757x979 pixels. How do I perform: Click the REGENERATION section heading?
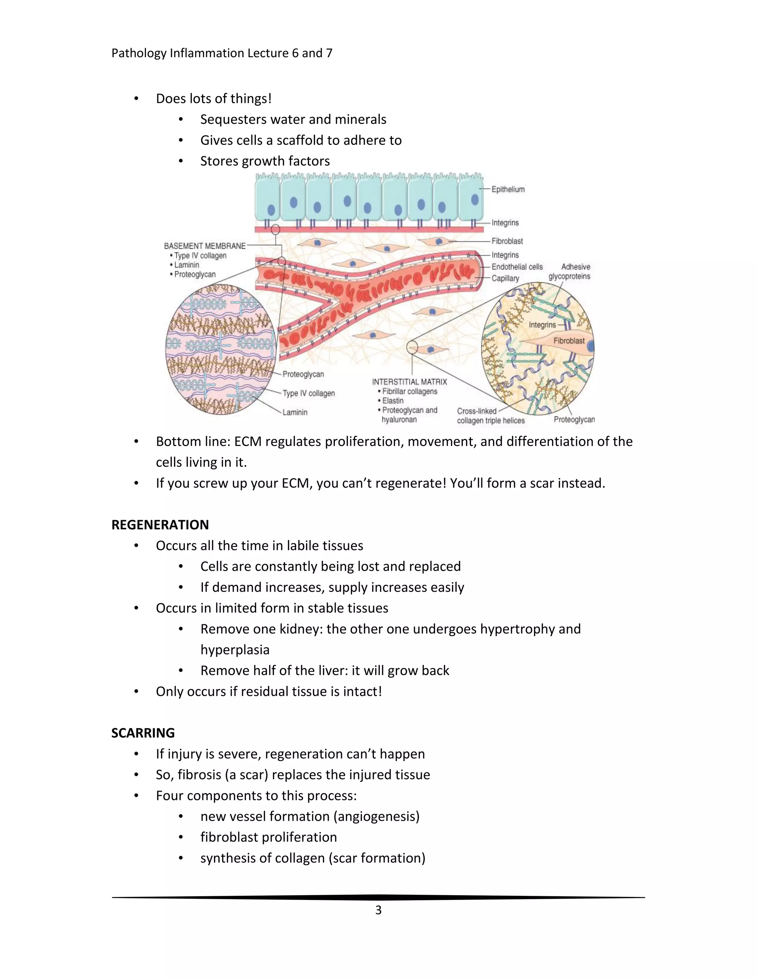(x=160, y=525)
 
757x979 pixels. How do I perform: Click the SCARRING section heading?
(x=143, y=733)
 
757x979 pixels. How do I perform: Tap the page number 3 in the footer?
(x=378, y=910)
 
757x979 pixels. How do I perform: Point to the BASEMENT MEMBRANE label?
(x=204, y=246)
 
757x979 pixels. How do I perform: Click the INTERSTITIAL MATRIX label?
(x=410, y=382)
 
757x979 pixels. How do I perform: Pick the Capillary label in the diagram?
(x=505, y=279)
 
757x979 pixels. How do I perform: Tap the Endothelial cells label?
(x=517, y=267)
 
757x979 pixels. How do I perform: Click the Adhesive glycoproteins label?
(x=570, y=272)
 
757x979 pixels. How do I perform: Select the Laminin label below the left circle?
(x=295, y=412)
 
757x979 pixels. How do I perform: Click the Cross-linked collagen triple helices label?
(x=490, y=416)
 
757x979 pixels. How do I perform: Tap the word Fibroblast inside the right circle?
(x=568, y=341)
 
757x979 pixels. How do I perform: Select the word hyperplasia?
(x=235, y=649)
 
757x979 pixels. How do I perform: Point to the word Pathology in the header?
(x=139, y=53)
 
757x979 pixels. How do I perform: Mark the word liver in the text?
(x=336, y=671)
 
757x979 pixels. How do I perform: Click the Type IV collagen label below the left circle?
(x=309, y=393)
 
